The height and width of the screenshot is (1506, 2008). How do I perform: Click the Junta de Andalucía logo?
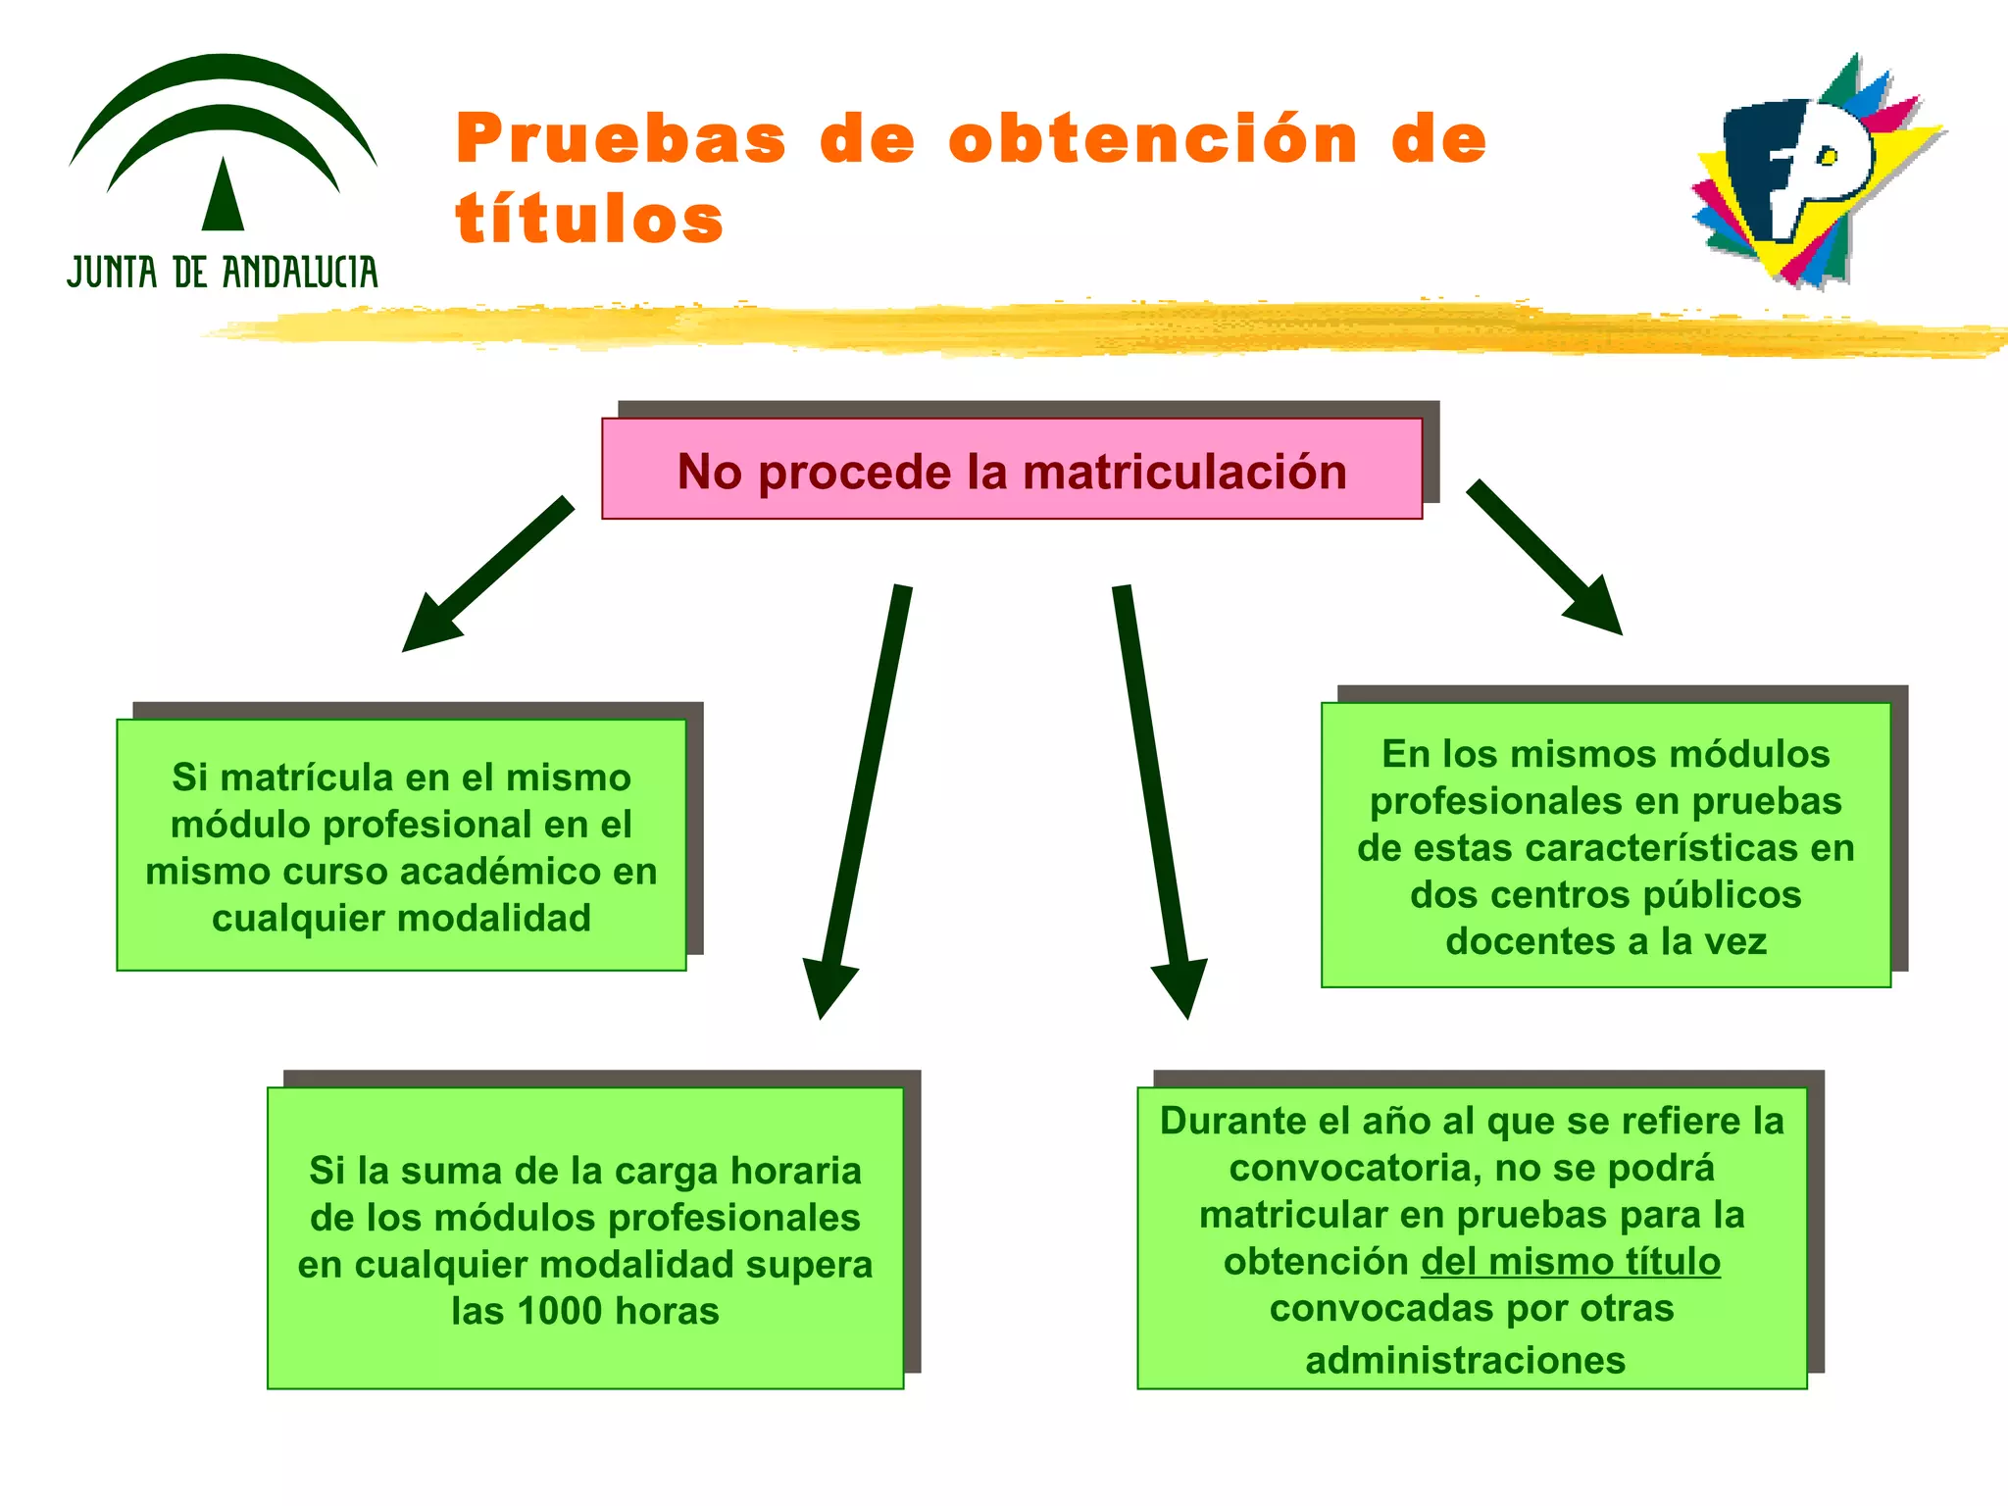[223, 172]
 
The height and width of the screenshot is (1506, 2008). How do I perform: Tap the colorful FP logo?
[1815, 172]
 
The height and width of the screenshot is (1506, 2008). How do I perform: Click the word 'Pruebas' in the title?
[622, 138]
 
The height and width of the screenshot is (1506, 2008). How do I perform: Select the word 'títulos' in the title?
[589, 218]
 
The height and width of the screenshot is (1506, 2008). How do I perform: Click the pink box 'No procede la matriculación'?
[1011, 470]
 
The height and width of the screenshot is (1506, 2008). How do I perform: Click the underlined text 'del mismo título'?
[1570, 1262]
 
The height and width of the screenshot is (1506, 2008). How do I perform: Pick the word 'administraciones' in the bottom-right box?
[1465, 1360]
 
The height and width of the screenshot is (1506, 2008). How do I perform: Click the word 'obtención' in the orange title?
[1153, 138]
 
